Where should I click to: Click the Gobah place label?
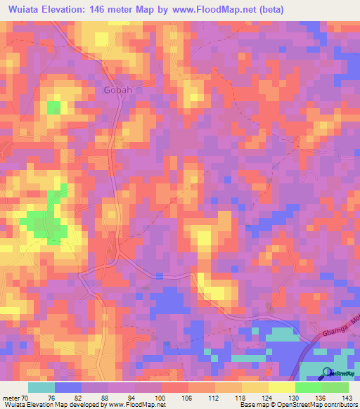tap(117, 90)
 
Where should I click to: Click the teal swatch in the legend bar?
tap(41, 387)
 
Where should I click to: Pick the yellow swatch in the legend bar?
tap(282, 387)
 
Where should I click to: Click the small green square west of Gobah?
tap(53, 107)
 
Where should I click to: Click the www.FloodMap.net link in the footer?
tap(134, 405)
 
